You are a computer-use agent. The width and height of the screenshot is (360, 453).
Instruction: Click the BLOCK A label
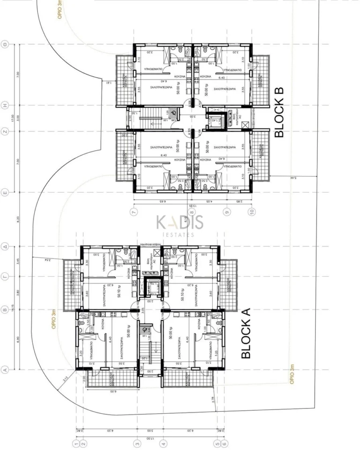click(246, 333)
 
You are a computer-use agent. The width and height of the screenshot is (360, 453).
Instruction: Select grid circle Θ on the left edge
click(5, 45)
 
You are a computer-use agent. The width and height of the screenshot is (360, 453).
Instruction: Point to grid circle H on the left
click(5, 105)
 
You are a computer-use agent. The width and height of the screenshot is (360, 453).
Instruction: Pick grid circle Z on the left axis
click(5, 132)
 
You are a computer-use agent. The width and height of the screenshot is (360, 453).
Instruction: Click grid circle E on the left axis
click(5, 192)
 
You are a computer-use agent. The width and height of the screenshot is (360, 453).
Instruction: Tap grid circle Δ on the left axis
click(5, 246)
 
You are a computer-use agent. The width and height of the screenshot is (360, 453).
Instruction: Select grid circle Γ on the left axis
click(5, 277)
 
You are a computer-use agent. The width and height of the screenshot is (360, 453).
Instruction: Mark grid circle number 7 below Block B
click(134, 212)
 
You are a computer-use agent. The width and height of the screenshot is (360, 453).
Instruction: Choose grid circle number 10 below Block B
click(253, 212)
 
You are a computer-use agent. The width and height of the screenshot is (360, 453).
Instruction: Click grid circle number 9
click(228, 212)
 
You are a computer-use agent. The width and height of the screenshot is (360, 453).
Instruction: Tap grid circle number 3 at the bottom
click(138, 443)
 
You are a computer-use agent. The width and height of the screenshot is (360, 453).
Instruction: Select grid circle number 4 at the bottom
click(164, 443)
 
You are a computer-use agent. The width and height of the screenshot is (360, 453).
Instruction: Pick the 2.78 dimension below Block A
click(214, 400)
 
